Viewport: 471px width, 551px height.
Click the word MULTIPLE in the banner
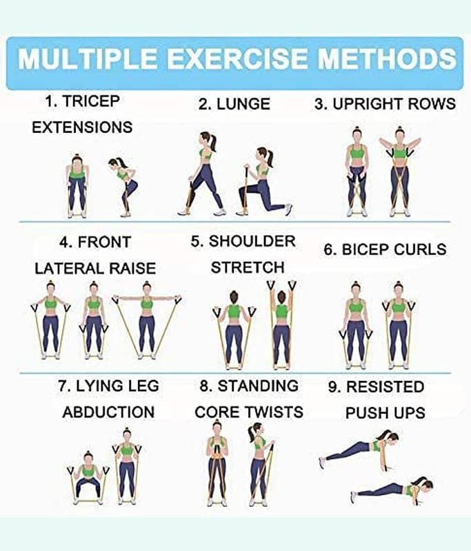88,59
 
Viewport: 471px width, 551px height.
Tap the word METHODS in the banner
387,59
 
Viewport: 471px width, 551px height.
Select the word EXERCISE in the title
237,59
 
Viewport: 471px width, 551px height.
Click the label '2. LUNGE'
234,104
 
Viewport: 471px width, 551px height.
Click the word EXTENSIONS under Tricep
82,127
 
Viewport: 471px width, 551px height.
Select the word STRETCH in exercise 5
248,267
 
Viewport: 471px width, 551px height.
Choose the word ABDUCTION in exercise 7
108,412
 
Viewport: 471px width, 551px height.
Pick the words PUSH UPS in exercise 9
385,413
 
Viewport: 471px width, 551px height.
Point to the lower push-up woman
392,489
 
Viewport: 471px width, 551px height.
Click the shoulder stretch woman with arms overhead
281,325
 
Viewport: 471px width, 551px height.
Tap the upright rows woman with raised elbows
399,171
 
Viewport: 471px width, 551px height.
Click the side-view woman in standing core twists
260,464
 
